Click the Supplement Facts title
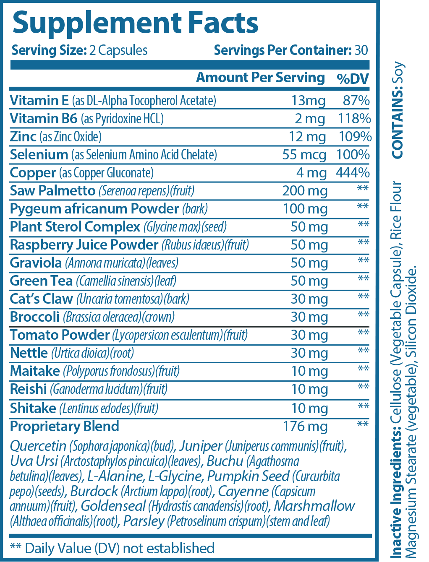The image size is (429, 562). (136, 23)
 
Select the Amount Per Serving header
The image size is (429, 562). (260, 78)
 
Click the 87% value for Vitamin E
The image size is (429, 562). (356, 101)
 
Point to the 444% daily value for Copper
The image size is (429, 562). (353, 173)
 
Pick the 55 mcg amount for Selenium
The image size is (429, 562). (304, 155)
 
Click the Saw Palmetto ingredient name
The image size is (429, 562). (53, 191)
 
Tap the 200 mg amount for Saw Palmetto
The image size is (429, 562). (305, 191)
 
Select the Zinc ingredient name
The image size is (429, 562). (23, 137)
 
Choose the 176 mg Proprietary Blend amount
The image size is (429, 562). (305, 427)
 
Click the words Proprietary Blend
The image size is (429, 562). (65, 427)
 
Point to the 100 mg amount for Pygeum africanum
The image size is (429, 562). (305, 209)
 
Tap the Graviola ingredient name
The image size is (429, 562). (36, 263)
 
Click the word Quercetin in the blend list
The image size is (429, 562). (38, 446)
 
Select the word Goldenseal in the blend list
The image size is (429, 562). (113, 506)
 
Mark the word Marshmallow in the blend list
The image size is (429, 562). (314, 506)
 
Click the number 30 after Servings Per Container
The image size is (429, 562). (361, 50)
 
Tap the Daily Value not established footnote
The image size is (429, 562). (112, 548)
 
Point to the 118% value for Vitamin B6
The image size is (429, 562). (354, 119)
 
